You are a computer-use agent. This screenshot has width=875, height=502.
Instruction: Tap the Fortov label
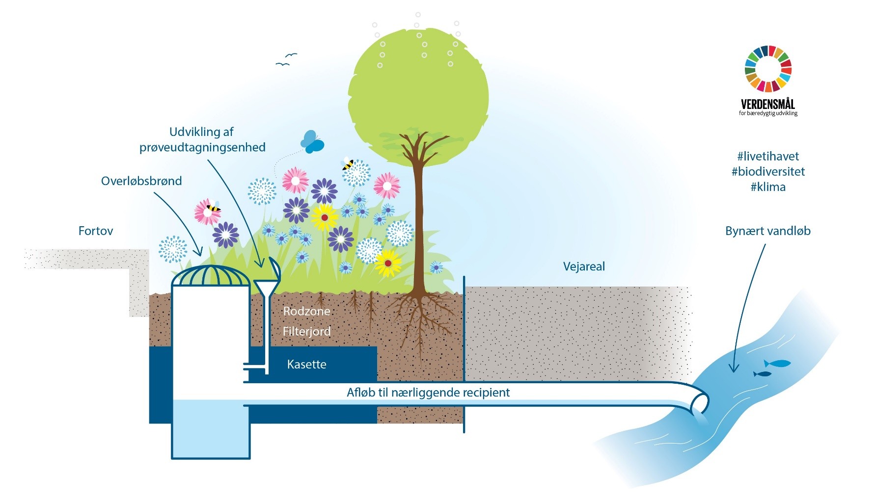pos(96,231)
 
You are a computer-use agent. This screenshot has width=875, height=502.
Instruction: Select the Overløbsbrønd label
pos(141,181)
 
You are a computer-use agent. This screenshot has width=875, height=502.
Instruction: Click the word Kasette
pos(306,364)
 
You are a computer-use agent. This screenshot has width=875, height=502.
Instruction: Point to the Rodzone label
pos(306,311)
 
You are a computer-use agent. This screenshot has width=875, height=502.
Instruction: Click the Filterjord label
pos(306,331)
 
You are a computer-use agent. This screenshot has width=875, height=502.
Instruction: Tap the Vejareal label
pos(583,266)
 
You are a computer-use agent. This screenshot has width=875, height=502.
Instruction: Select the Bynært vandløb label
pos(767,231)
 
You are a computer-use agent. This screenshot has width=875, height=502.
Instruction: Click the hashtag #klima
pos(768,187)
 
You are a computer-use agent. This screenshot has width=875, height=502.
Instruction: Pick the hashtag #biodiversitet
pos(768,172)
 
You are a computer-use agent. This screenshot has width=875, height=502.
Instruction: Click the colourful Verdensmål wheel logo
pos(768,69)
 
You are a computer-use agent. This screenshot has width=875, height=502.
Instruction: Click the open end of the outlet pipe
pos(700,404)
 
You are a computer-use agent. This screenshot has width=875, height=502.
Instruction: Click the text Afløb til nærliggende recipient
pos(428,393)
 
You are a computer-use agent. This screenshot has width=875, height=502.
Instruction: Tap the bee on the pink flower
pos(213,208)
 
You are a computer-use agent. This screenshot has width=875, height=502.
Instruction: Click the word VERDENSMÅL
pos(768,104)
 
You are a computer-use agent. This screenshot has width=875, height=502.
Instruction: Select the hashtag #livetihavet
pos(768,157)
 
